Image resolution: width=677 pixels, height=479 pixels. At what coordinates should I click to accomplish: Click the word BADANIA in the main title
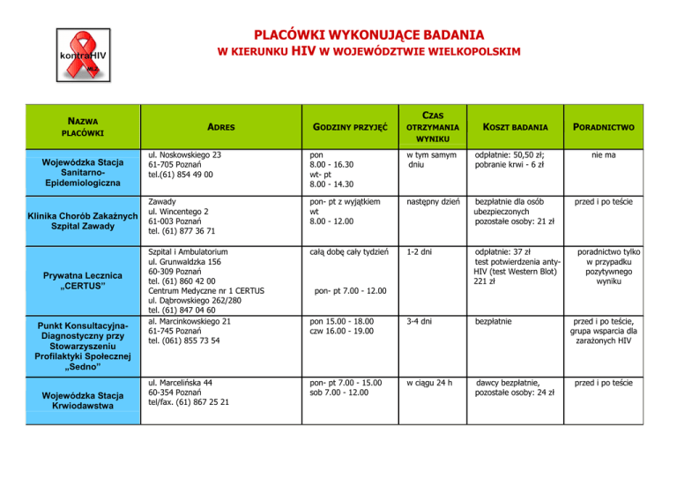click(x=443, y=35)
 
